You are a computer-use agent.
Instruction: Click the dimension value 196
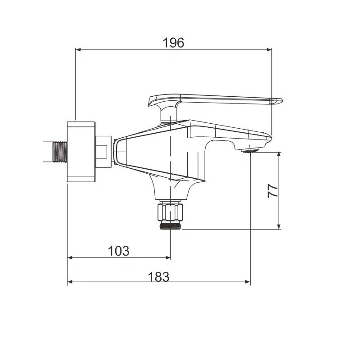(173, 43)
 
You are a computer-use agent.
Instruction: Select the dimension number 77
(272, 190)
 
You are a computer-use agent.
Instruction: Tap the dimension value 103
(119, 251)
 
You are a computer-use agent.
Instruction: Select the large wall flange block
(81, 152)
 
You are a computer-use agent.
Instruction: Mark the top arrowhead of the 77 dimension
(279, 155)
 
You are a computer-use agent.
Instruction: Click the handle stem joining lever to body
(169, 115)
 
